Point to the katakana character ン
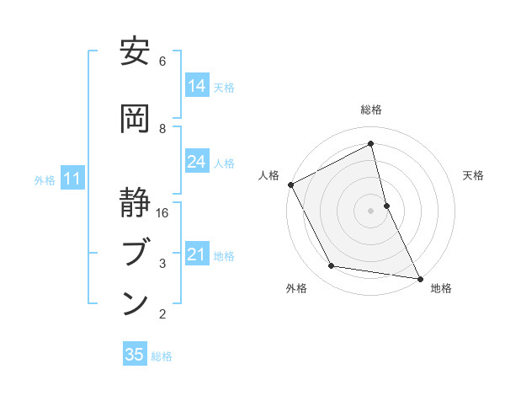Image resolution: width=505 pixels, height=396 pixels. click(x=135, y=303)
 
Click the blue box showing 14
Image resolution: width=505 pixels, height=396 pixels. click(x=197, y=86)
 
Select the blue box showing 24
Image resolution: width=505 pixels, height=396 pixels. click(x=197, y=162)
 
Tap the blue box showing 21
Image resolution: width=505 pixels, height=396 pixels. click(x=197, y=254)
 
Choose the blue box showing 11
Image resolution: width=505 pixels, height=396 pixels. click(x=72, y=179)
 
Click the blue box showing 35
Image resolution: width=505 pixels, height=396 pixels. click(x=135, y=355)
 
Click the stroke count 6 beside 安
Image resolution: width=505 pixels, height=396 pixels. click(x=162, y=62)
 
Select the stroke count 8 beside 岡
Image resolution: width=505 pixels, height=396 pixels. click(x=162, y=128)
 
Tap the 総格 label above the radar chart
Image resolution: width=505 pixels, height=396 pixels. click(x=370, y=110)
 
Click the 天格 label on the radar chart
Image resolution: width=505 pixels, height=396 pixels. click(x=473, y=176)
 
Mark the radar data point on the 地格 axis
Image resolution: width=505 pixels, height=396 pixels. click(x=419, y=278)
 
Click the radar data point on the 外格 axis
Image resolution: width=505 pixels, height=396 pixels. click(x=332, y=267)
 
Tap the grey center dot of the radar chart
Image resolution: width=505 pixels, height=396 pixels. click(x=370, y=211)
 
